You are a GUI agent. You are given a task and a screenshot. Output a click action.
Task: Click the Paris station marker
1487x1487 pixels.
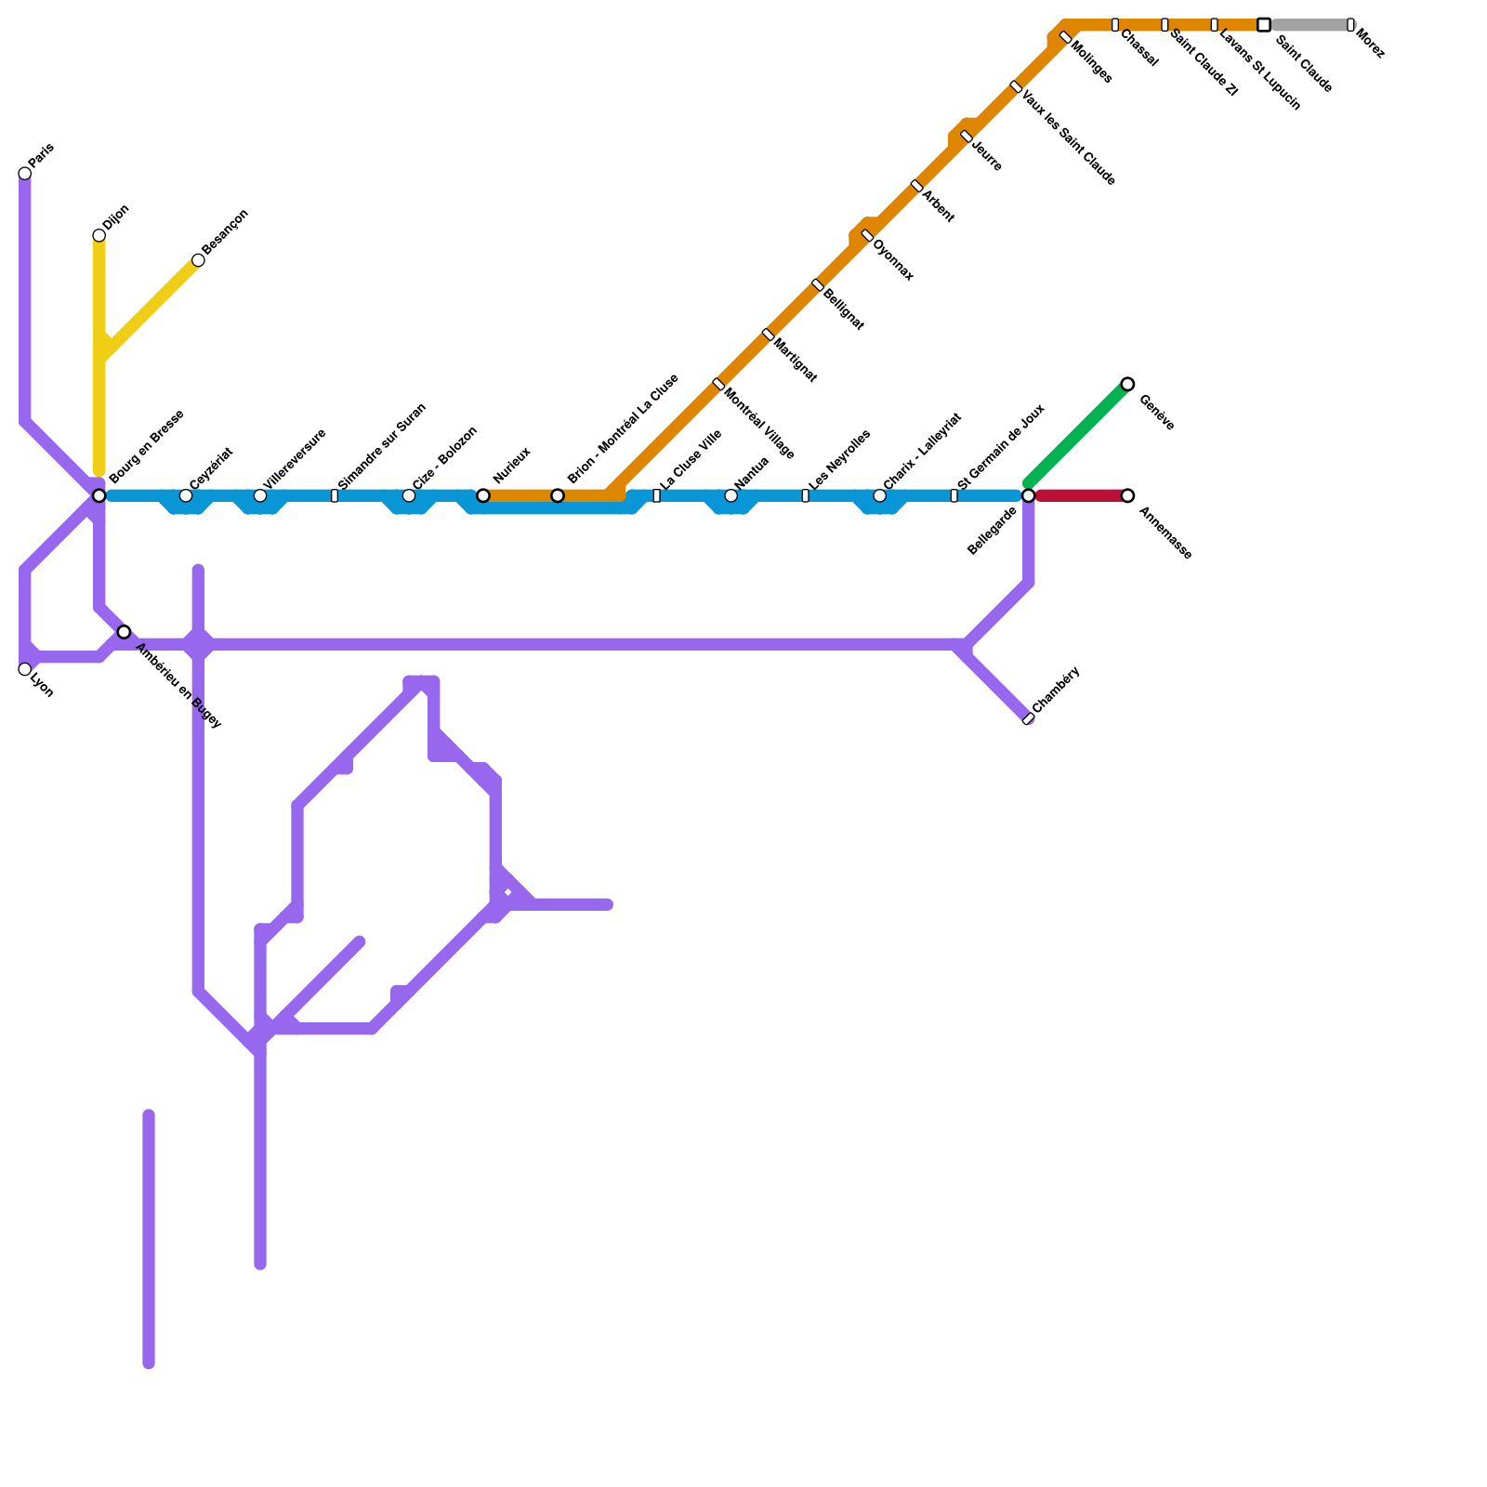click(25, 174)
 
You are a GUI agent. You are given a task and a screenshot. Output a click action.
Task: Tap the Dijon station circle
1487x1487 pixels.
click(99, 236)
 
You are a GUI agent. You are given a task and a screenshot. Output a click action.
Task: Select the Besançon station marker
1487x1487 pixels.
click(198, 260)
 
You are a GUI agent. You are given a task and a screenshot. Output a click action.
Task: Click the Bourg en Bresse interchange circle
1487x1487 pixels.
click(99, 495)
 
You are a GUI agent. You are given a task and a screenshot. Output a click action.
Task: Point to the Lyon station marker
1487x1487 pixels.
click(25, 669)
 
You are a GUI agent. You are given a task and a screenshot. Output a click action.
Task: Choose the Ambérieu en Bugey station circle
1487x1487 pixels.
click(124, 632)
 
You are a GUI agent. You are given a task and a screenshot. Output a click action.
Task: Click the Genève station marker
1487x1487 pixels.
click(1127, 384)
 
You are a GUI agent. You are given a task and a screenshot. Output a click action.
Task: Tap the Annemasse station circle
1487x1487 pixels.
click(1127, 495)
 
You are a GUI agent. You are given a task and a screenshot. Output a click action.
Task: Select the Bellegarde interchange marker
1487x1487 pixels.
click(1028, 495)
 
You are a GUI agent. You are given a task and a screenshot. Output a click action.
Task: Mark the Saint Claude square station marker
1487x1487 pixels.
click(1264, 25)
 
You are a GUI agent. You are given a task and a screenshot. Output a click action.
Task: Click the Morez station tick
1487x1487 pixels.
click(1350, 25)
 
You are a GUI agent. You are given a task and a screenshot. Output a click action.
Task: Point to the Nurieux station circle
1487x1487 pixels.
click(483, 495)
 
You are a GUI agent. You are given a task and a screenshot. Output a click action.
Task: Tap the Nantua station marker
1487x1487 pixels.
click(731, 495)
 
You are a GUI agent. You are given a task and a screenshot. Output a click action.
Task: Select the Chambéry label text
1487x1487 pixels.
click(1057, 690)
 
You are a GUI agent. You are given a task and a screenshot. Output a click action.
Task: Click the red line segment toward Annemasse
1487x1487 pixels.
click(1078, 495)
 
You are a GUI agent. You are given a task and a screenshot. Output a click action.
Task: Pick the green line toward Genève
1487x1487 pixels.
click(1078, 433)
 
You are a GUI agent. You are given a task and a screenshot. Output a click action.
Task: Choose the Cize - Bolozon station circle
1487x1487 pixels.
click(409, 495)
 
